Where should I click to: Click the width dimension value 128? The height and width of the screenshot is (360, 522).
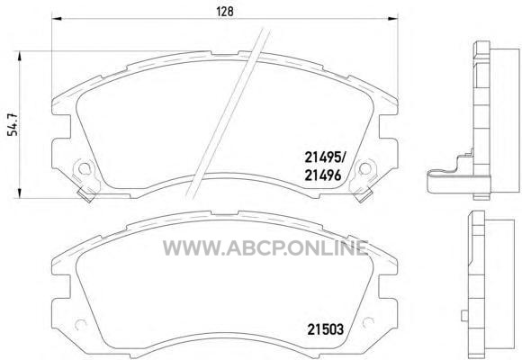click(x=225, y=12)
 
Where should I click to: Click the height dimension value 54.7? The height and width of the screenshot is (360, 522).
click(x=13, y=124)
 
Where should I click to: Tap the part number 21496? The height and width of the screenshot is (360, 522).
click(x=323, y=175)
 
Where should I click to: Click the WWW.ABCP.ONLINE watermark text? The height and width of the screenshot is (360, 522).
click(x=265, y=247)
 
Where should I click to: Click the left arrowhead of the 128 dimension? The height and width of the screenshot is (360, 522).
click(x=57, y=19)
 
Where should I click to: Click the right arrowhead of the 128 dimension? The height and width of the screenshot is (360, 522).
click(x=393, y=19)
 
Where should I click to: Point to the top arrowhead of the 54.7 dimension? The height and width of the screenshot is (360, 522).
click(x=20, y=56)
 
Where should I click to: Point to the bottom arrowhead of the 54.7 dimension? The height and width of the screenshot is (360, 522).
click(x=20, y=193)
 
